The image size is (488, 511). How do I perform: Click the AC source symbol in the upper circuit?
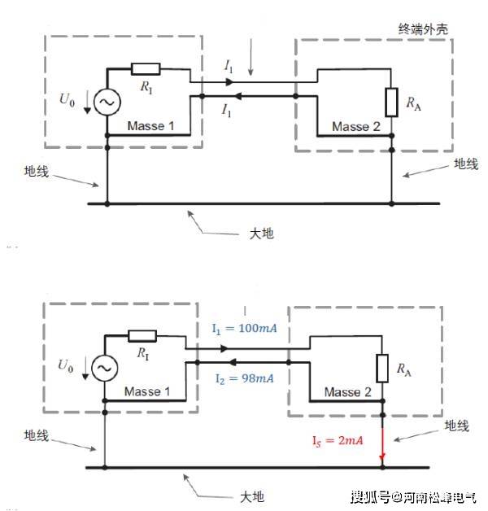click(107, 101)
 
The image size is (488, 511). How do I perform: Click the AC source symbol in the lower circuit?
click(105, 369)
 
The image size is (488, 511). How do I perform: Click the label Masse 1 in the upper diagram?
click(155, 127)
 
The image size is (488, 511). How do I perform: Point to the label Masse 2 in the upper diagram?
click(356, 127)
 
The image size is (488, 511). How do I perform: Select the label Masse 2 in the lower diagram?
click(348, 393)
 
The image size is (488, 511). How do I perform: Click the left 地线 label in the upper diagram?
click(37, 172)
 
